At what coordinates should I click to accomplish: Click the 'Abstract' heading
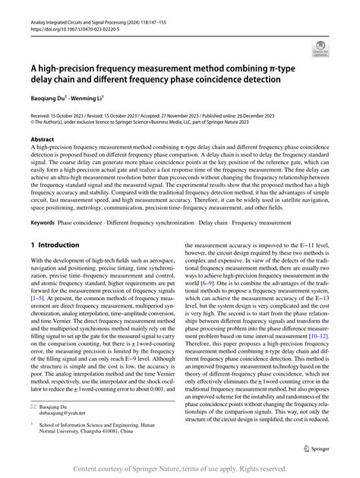tap(42, 140)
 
